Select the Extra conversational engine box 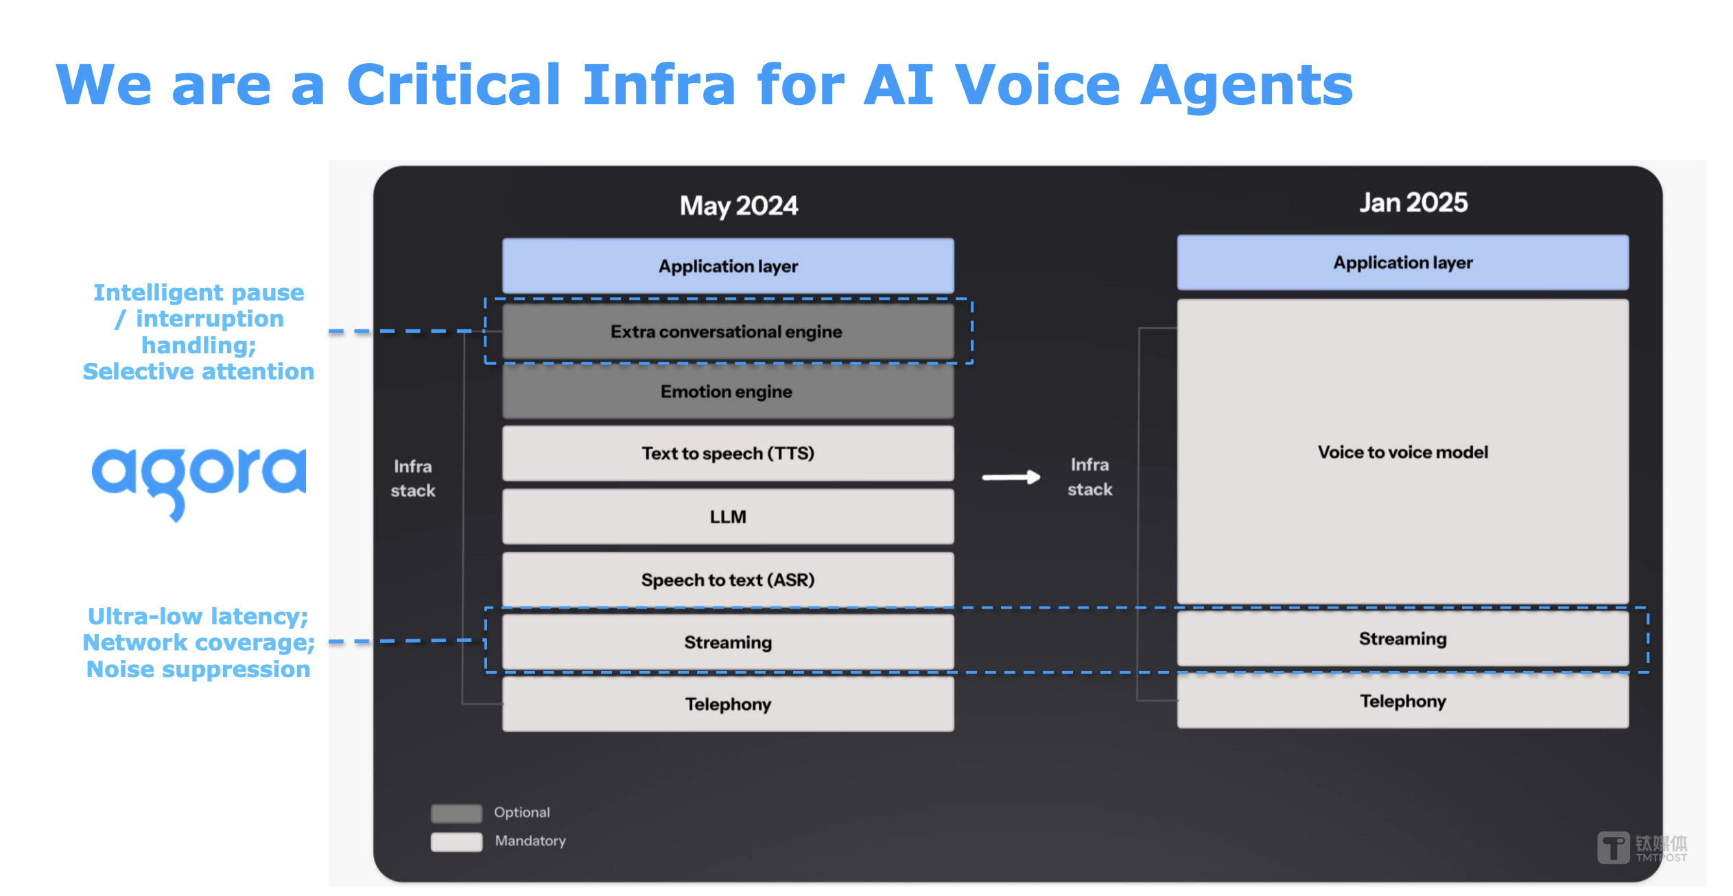pos(728,331)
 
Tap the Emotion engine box pos(728,391)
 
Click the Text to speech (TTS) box pos(728,453)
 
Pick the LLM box pos(728,517)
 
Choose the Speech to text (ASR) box pos(728,580)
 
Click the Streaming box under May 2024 pos(728,642)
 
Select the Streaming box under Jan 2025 pos(1403,639)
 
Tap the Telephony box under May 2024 pos(728,704)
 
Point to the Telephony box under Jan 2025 pos(1403,701)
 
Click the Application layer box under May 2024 pos(728,266)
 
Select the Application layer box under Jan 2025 pos(1403,263)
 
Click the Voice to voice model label pos(1403,452)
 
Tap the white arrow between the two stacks pos(1011,477)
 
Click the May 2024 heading pos(739,206)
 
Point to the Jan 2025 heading pos(1414,202)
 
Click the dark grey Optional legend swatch pos(456,813)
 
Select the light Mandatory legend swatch pos(456,842)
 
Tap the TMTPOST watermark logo pos(1642,848)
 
